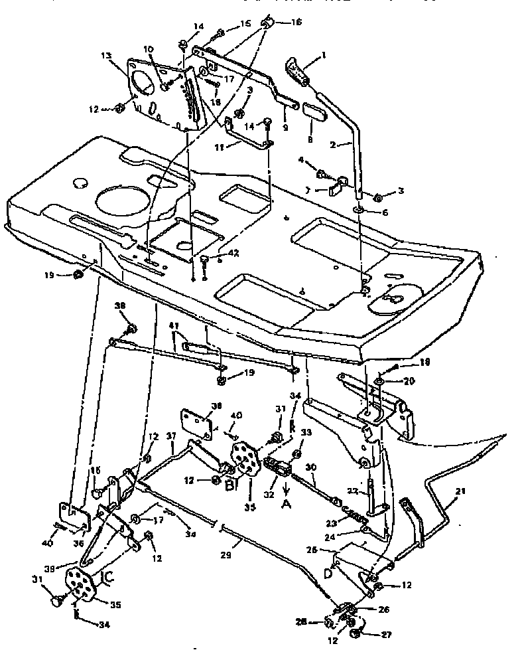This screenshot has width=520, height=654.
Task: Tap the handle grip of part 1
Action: point(299,72)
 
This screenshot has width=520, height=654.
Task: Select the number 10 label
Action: point(148,49)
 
